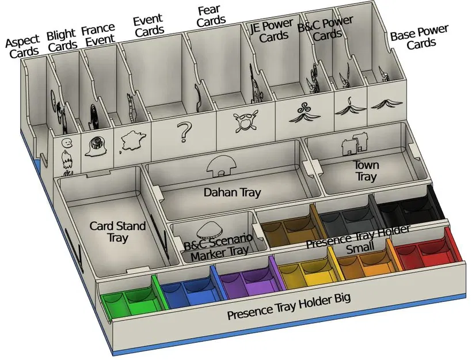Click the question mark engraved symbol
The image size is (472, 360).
coord(183,132)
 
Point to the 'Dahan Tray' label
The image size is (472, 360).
coord(233,192)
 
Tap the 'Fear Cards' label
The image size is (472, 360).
coord(211,15)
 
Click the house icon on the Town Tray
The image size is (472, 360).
coord(355,146)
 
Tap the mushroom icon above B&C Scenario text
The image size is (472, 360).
coord(207,230)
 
